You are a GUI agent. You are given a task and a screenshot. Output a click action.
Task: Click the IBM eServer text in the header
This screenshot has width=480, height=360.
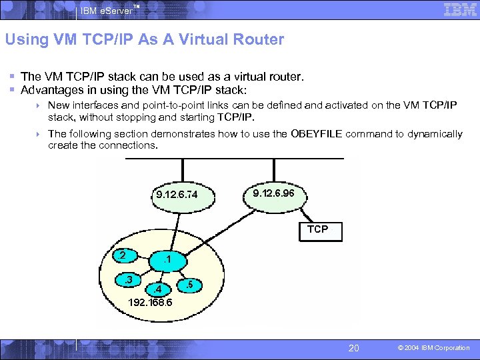(x=107, y=11)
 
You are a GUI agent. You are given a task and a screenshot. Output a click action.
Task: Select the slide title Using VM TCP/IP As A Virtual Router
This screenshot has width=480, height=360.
(x=144, y=39)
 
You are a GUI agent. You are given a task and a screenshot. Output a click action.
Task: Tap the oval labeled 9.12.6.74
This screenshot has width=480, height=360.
(x=177, y=195)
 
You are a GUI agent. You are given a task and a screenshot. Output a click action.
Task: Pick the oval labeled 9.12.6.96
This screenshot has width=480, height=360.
(x=278, y=193)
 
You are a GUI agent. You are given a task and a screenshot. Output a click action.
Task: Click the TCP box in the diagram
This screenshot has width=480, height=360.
(x=318, y=229)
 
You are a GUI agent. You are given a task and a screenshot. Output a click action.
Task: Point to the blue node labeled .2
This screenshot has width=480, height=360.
(x=123, y=255)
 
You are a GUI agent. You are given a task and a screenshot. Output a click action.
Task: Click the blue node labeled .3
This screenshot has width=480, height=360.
(x=128, y=279)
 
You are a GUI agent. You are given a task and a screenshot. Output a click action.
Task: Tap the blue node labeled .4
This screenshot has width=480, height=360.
(x=157, y=289)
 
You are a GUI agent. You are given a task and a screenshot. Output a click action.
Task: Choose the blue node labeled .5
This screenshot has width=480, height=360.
(x=189, y=285)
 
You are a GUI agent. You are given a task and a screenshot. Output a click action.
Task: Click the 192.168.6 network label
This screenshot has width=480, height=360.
(x=151, y=302)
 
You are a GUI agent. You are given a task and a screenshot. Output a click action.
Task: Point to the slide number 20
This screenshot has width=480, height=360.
(x=354, y=347)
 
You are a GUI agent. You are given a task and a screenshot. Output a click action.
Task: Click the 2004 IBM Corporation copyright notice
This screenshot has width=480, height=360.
(x=434, y=348)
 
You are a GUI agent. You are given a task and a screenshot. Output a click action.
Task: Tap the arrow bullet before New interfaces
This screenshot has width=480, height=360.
(x=40, y=105)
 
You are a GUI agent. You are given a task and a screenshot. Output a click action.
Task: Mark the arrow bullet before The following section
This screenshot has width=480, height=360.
(x=40, y=134)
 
